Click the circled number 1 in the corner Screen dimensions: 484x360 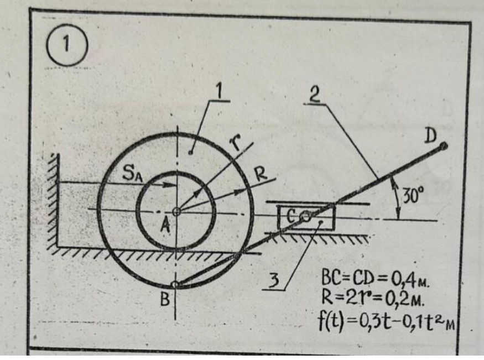(67, 45)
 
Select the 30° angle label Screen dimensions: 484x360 (413, 195)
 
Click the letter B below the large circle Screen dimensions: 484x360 (165, 299)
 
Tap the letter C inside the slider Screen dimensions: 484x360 (290, 217)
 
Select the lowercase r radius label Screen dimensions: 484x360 (236, 144)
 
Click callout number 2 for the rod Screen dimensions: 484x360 (315, 95)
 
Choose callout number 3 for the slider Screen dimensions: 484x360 (275, 280)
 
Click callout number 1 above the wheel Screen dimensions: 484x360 (220, 92)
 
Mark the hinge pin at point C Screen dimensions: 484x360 (305, 217)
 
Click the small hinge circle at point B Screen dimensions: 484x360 (175, 284)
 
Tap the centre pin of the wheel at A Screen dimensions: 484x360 (176, 212)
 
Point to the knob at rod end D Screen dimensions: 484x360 (444, 146)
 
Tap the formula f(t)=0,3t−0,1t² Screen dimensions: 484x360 (387, 321)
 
